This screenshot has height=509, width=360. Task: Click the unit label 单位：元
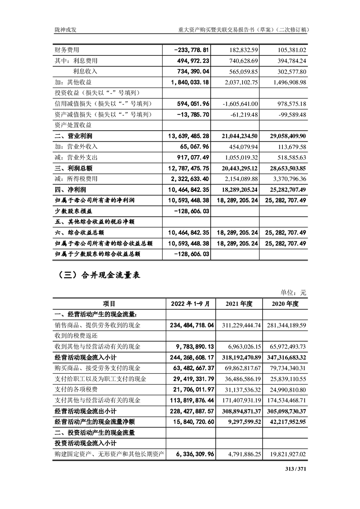[295, 293]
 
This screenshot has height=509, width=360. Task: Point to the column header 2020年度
[285, 304]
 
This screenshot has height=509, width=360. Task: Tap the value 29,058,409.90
[284, 136]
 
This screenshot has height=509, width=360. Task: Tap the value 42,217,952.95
[284, 422]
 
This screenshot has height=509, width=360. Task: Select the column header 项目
[109, 304]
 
